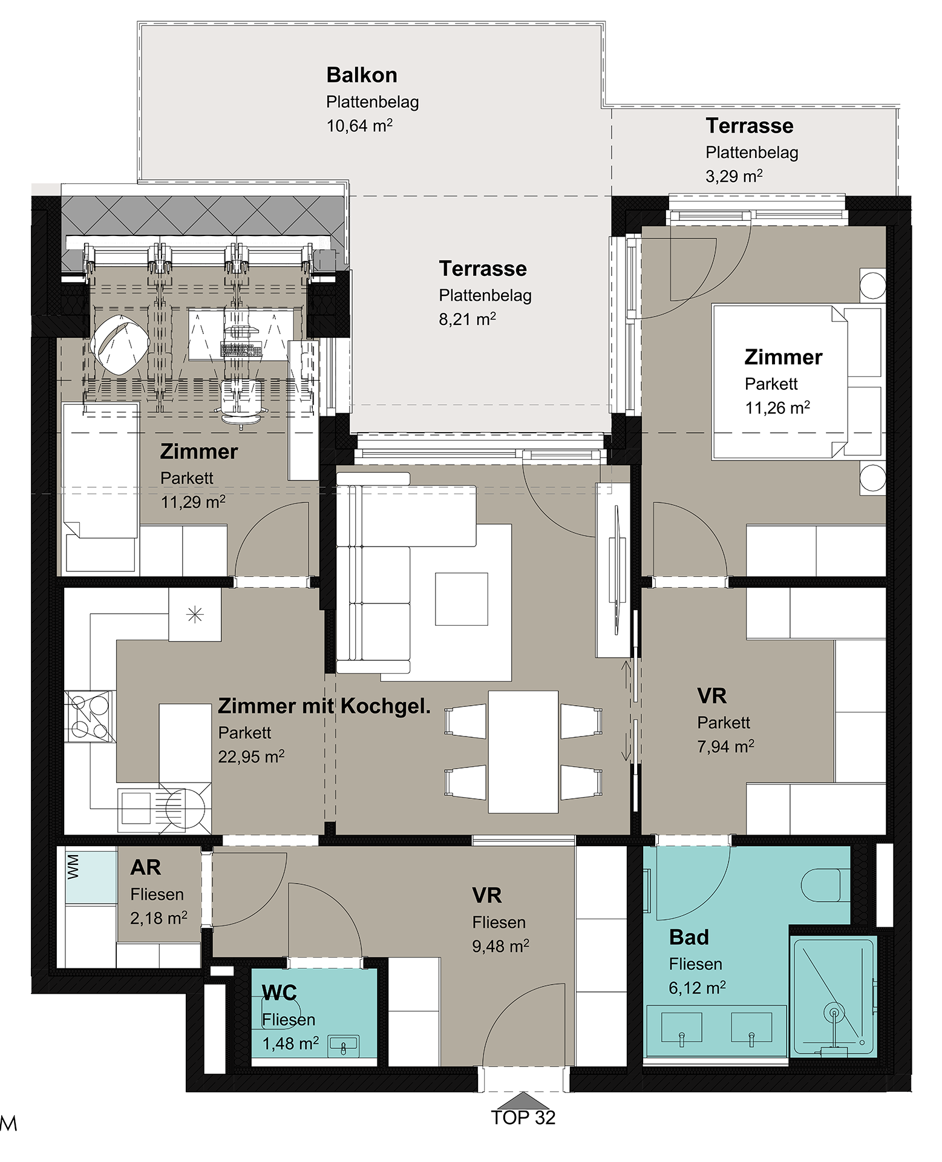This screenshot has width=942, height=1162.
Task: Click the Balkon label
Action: [362, 75]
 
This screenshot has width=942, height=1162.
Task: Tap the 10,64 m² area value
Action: [359, 125]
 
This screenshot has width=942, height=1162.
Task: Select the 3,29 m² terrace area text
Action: [734, 176]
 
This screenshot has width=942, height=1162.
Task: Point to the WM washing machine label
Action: [73, 866]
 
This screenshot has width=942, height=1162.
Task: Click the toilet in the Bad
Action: [825, 885]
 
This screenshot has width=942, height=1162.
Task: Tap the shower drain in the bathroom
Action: [834, 1012]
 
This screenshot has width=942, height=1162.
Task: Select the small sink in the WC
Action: [344, 1045]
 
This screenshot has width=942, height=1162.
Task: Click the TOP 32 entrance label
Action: [523, 1117]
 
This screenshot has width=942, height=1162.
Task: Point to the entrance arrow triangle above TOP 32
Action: [523, 1100]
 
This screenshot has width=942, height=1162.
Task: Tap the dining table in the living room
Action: [523, 752]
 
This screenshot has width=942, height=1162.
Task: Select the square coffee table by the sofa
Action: [462, 599]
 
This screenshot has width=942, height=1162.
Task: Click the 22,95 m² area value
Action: [251, 757]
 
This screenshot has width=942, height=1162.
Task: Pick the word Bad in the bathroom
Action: [689, 937]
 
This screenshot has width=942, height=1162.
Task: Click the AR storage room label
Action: [146, 867]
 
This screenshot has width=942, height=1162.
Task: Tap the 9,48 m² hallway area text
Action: [500, 946]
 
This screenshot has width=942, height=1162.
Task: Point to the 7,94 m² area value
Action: [725, 746]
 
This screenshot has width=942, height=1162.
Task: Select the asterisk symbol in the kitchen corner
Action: [195, 615]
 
